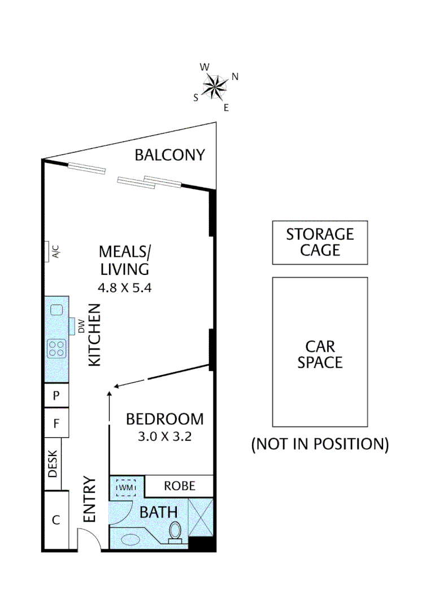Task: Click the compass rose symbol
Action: (x=215, y=87)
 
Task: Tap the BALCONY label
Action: (x=169, y=155)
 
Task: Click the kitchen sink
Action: (x=56, y=310)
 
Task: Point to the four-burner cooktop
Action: (x=56, y=347)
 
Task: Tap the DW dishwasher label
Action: (x=81, y=327)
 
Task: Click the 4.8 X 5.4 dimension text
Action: (x=125, y=287)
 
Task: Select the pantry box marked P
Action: (x=56, y=395)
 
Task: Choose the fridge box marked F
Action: (x=56, y=423)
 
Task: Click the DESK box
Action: (x=53, y=463)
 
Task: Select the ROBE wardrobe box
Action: (x=180, y=485)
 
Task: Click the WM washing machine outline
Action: (x=125, y=487)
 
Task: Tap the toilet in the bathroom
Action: (x=176, y=531)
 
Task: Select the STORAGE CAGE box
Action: (x=320, y=242)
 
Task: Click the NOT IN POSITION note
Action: (x=320, y=444)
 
